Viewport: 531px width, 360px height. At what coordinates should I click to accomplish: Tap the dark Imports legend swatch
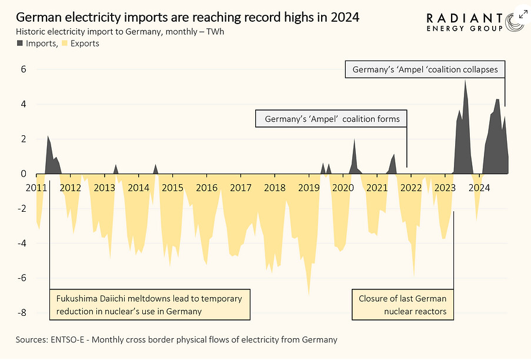[20, 44]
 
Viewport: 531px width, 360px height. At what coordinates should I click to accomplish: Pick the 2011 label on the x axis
[36, 188]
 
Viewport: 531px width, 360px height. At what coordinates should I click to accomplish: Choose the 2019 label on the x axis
[308, 188]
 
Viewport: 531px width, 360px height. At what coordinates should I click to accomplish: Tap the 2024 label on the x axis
[479, 188]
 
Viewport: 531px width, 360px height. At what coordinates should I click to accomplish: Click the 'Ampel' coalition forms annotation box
[332, 119]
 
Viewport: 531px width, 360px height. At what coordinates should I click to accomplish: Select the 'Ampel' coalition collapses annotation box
[425, 69]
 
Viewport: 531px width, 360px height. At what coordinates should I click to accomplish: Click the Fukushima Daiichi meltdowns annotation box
[149, 305]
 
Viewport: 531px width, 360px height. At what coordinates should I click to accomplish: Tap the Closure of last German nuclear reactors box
[403, 305]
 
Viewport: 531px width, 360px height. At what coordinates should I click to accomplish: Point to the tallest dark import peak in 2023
[465, 81]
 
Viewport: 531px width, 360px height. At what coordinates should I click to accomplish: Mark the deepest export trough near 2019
[309, 295]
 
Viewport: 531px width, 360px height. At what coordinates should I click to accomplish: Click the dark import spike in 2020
[355, 141]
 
